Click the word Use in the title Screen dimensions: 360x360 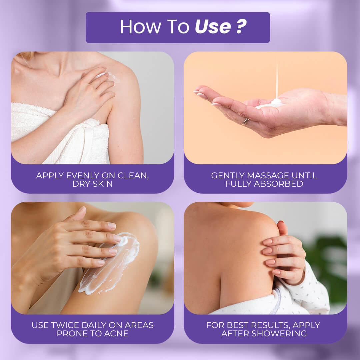tap(213, 27)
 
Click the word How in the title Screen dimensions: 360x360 tap(141, 27)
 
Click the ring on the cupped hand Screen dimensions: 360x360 tap(245, 121)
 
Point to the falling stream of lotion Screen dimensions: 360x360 tap(277, 80)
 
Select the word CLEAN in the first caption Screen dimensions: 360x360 tap(133, 176)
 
